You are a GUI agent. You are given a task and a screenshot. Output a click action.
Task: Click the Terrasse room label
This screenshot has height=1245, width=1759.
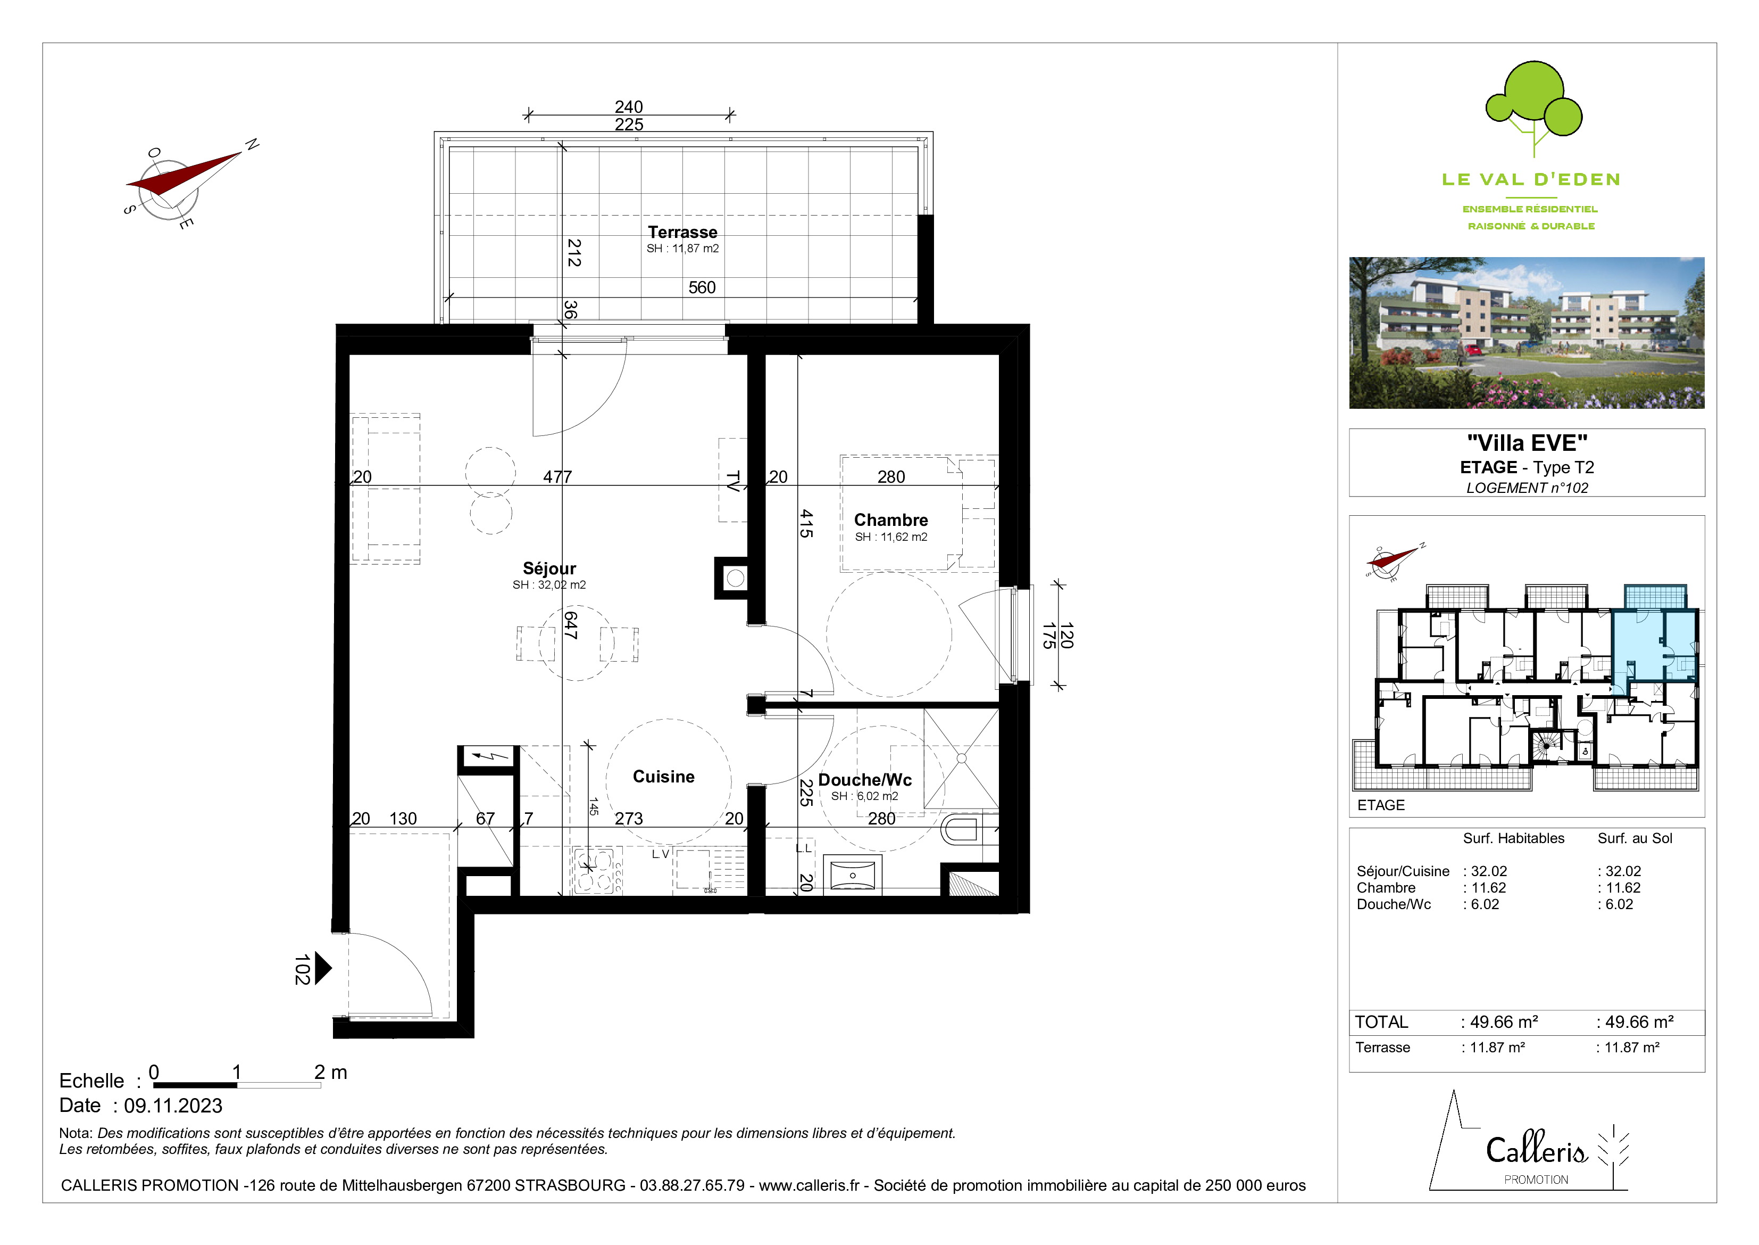pyautogui.click(x=682, y=232)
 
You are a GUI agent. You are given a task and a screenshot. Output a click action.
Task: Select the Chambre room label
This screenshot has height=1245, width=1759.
pyautogui.click(x=890, y=520)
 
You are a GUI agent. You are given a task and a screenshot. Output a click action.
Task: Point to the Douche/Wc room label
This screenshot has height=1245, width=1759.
pyautogui.click(x=865, y=780)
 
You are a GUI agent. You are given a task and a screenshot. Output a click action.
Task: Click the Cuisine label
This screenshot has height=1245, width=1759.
pyautogui.click(x=663, y=777)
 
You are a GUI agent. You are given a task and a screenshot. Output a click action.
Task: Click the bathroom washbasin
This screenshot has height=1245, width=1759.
pyautogui.click(x=852, y=875)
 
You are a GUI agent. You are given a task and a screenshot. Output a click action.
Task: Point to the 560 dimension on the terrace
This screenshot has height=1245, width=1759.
pyautogui.click(x=702, y=287)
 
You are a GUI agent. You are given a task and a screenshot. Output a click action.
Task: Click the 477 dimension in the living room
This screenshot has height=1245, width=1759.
pyautogui.click(x=558, y=477)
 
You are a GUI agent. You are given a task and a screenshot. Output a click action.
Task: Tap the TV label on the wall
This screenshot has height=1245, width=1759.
pyautogui.click(x=733, y=481)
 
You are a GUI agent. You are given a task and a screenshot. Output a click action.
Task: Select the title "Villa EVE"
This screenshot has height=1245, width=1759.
pyautogui.click(x=1527, y=443)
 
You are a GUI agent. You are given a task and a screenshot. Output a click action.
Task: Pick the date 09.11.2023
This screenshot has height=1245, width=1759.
pyautogui.click(x=173, y=1106)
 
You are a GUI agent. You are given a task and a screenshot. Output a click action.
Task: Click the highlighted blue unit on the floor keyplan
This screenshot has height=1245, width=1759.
pyautogui.click(x=1655, y=644)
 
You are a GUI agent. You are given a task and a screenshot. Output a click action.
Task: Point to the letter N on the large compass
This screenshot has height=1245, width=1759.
pyautogui.click(x=252, y=145)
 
